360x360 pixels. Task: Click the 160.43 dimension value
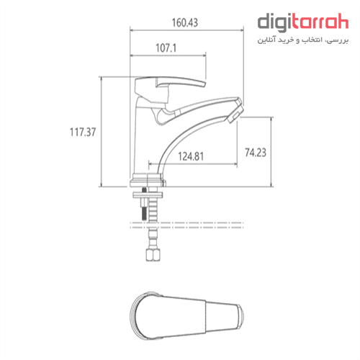pyautogui.click(x=185, y=23)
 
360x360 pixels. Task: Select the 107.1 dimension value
pyautogui.click(x=166, y=48)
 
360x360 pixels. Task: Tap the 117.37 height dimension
pyautogui.click(x=83, y=132)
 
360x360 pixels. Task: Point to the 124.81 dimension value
pyautogui.click(x=191, y=156)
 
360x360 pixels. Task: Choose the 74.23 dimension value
pyautogui.click(x=256, y=153)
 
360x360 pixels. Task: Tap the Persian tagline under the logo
pyautogui.click(x=303, y=40)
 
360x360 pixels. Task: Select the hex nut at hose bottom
pyautogui.click(x=153, y=255)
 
